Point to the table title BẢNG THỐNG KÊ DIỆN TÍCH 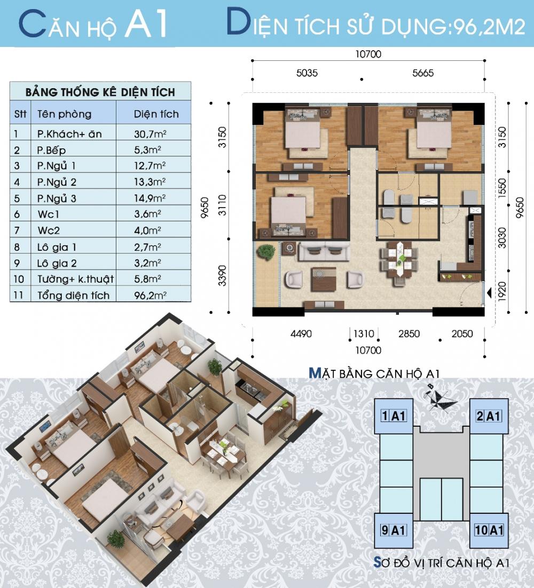(100, 92)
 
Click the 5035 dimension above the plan (307, 73)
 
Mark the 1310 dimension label (363, 334)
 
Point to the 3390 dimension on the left (224, 275)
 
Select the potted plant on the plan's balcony (265, 252)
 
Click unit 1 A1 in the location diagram (392, 415)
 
